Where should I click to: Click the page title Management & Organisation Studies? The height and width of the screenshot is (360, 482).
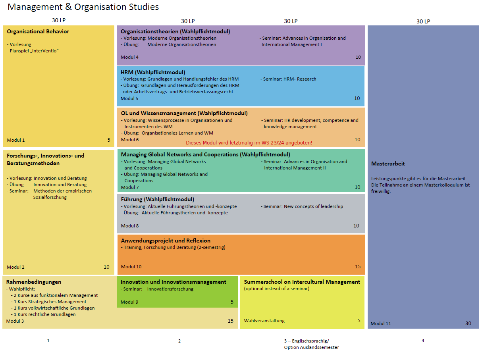tap(83, 7)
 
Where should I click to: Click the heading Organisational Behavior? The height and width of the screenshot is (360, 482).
tap(38, 31)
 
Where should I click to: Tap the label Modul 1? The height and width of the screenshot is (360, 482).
tap(16, 140)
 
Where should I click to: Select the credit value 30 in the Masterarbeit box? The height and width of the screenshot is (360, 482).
tap(468, 323)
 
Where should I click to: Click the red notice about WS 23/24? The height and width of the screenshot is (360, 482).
tap(249, 142)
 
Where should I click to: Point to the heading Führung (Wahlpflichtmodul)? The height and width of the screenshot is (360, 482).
tap(157, 199)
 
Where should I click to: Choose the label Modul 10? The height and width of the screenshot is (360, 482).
tap(131, 267)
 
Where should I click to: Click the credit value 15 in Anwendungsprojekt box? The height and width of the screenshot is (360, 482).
tap(357, 267)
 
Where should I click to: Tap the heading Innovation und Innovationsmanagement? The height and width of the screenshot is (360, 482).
tap(173, 282)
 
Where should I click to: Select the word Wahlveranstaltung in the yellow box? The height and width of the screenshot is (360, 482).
tap(264, 321)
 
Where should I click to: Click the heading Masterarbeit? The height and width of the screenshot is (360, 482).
tap(388, 164)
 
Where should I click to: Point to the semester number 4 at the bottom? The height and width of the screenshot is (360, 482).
tap(423, 341)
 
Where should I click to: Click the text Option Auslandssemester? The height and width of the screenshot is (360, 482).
tap(311, 347)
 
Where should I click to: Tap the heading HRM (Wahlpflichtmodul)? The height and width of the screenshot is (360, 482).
tap(153, 72)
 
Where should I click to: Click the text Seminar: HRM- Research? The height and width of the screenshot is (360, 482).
tap(289, 79)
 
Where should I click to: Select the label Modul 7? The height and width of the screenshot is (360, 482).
tap(130, 187)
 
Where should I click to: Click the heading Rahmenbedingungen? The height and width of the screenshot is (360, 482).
tap(34, 282)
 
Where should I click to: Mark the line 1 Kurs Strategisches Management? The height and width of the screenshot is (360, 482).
tap(50, 302)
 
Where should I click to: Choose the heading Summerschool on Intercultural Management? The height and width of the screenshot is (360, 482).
tap(302, 282)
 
